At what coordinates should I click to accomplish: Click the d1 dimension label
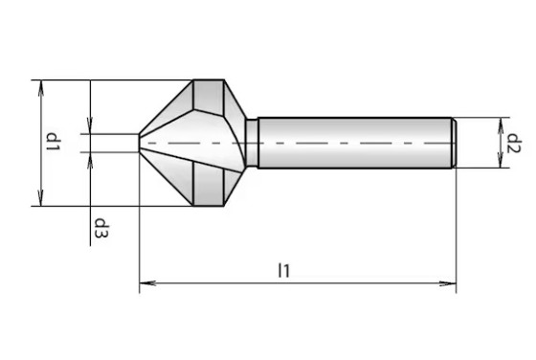click(54, 142)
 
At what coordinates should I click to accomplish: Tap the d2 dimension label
click(514, 144)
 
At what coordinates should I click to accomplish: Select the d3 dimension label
click(101, 228)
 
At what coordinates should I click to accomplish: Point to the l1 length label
click(284, 270)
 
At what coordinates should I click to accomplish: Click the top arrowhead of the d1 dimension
click(41, 88)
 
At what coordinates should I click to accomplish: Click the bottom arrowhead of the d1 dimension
click(41, 198)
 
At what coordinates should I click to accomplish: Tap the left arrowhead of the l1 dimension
click(148, 283)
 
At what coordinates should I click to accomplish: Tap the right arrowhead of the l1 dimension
click(448, 283)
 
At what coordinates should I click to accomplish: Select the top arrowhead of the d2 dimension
click(501, 125)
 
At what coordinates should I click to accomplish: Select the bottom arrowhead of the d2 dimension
click(501, 160)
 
